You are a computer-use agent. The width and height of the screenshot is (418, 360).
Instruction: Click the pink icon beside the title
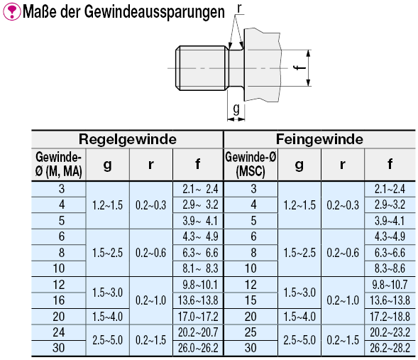point(11,11)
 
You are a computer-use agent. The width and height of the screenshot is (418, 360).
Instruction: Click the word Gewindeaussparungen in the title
point(155,12)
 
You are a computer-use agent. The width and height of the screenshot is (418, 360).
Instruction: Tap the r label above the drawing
point(239,9)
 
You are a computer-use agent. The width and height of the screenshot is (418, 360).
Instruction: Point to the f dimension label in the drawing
point(300,67)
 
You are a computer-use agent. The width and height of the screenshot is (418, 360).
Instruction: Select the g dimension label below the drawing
point(236,109)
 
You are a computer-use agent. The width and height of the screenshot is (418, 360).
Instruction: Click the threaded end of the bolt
point(202,68)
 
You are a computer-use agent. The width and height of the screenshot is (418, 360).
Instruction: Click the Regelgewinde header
point(128,139)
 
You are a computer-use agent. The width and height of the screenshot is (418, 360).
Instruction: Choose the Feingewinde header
point(319,139)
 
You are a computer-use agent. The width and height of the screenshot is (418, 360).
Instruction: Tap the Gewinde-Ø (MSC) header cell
point(251,164)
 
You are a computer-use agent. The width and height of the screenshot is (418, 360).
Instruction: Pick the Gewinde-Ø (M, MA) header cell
point(59,164)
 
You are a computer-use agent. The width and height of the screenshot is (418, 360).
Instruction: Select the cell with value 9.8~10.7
point(390,285)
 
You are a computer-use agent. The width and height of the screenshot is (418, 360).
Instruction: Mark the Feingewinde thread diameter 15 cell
point(251,300)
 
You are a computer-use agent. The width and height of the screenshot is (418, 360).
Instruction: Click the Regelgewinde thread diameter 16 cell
point(59,300)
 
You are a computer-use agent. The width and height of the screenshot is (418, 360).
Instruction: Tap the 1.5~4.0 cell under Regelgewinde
point(107,317)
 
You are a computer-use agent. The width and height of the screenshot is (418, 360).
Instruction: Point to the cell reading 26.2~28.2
point(390,348)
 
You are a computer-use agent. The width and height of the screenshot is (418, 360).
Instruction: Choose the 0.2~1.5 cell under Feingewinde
point(343,340)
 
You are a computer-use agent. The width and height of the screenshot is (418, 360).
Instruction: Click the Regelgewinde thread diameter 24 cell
point(59,332)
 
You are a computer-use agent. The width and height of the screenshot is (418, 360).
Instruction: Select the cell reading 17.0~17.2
point(198,317)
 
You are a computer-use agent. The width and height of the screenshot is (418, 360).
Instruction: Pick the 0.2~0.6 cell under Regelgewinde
point(150,253)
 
